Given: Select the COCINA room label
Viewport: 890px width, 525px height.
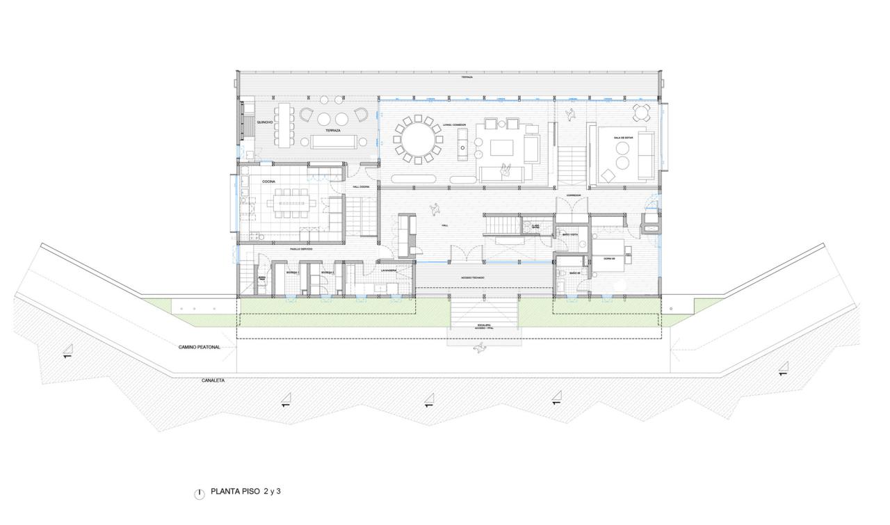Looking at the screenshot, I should (269, 181).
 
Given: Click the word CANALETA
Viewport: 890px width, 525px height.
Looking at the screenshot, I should (212, 380).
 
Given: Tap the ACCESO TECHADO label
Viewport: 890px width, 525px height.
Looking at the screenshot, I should (474, 277).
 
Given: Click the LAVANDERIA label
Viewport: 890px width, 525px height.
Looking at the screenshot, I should (387, 270).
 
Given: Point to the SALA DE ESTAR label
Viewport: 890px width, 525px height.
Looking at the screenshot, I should (623, 138).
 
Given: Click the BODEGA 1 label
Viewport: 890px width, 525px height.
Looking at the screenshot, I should (292, 273).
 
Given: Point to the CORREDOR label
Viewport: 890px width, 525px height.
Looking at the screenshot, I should (573, 195).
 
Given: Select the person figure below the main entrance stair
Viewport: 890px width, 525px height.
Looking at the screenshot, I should (480, 348).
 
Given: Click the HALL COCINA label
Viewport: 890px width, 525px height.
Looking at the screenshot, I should (359, 186).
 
